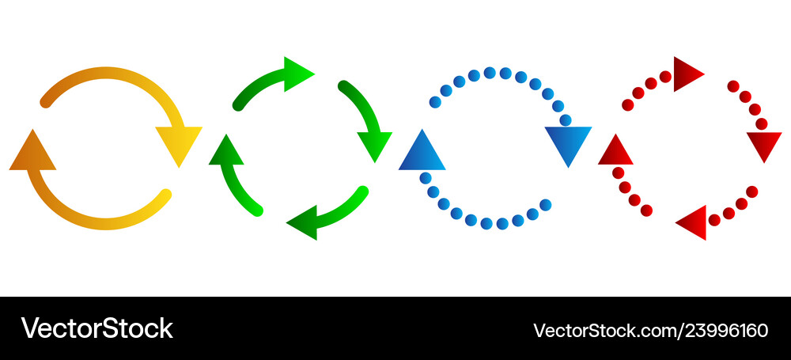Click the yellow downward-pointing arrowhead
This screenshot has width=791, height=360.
click(179, 142)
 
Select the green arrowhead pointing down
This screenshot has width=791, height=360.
click(374, 143)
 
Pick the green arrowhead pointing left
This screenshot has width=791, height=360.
click(305, 222)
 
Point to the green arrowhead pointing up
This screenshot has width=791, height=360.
click(226, 153)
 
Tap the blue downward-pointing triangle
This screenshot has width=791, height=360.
click(568, 142)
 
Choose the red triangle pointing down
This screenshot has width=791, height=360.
click(764, 143)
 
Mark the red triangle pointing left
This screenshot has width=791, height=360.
click(694, 222)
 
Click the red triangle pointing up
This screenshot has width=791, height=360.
click(615, 153)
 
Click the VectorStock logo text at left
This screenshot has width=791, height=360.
click(97, 328)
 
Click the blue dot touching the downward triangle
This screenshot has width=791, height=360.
click(566, 120)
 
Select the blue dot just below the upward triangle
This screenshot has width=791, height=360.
click(426, 178)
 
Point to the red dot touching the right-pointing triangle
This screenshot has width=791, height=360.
click(665, 77)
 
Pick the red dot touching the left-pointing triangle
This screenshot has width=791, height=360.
click(714, 220)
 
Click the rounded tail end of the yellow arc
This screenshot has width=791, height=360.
click(165, 195)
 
